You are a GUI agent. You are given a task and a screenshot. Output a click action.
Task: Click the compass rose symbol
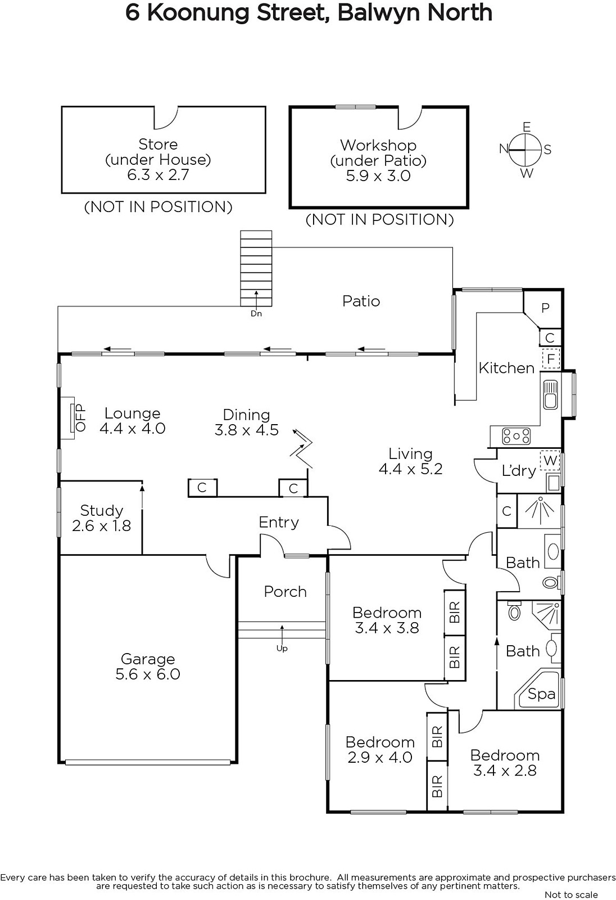point(526,150)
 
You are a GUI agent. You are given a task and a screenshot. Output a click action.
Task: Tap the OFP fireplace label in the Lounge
point(81,418)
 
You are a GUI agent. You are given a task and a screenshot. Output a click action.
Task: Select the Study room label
point(102,510)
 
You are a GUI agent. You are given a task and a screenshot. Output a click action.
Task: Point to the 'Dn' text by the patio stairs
point(256,313)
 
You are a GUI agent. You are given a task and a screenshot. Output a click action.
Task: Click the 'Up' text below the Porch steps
point(282,648)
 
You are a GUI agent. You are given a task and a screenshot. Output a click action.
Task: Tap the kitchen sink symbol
point(550,394)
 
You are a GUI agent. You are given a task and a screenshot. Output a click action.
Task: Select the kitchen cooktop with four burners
point(517,436)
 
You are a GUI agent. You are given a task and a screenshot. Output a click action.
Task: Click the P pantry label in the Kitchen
point(545,308)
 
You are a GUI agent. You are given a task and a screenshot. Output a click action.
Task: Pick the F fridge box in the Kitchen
point(551,358)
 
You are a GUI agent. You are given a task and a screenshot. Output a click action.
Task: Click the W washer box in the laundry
point(550,460)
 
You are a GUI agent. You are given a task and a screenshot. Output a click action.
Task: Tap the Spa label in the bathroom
point(541,694)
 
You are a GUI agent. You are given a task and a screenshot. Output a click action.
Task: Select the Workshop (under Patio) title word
point(378,145)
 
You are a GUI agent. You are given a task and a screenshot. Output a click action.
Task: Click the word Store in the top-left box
point(158,144)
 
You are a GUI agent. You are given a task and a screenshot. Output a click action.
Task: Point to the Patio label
point(361,301)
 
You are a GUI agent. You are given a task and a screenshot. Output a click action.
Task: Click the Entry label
point(279,523)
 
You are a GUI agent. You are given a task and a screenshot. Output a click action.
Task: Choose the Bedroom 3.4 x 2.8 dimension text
point(505,771)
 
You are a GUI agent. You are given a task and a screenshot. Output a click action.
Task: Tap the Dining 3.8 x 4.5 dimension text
point(247,430)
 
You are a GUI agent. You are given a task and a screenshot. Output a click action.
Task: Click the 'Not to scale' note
point(572,894)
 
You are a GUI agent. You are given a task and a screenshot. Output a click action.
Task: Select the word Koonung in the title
point(200,12)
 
